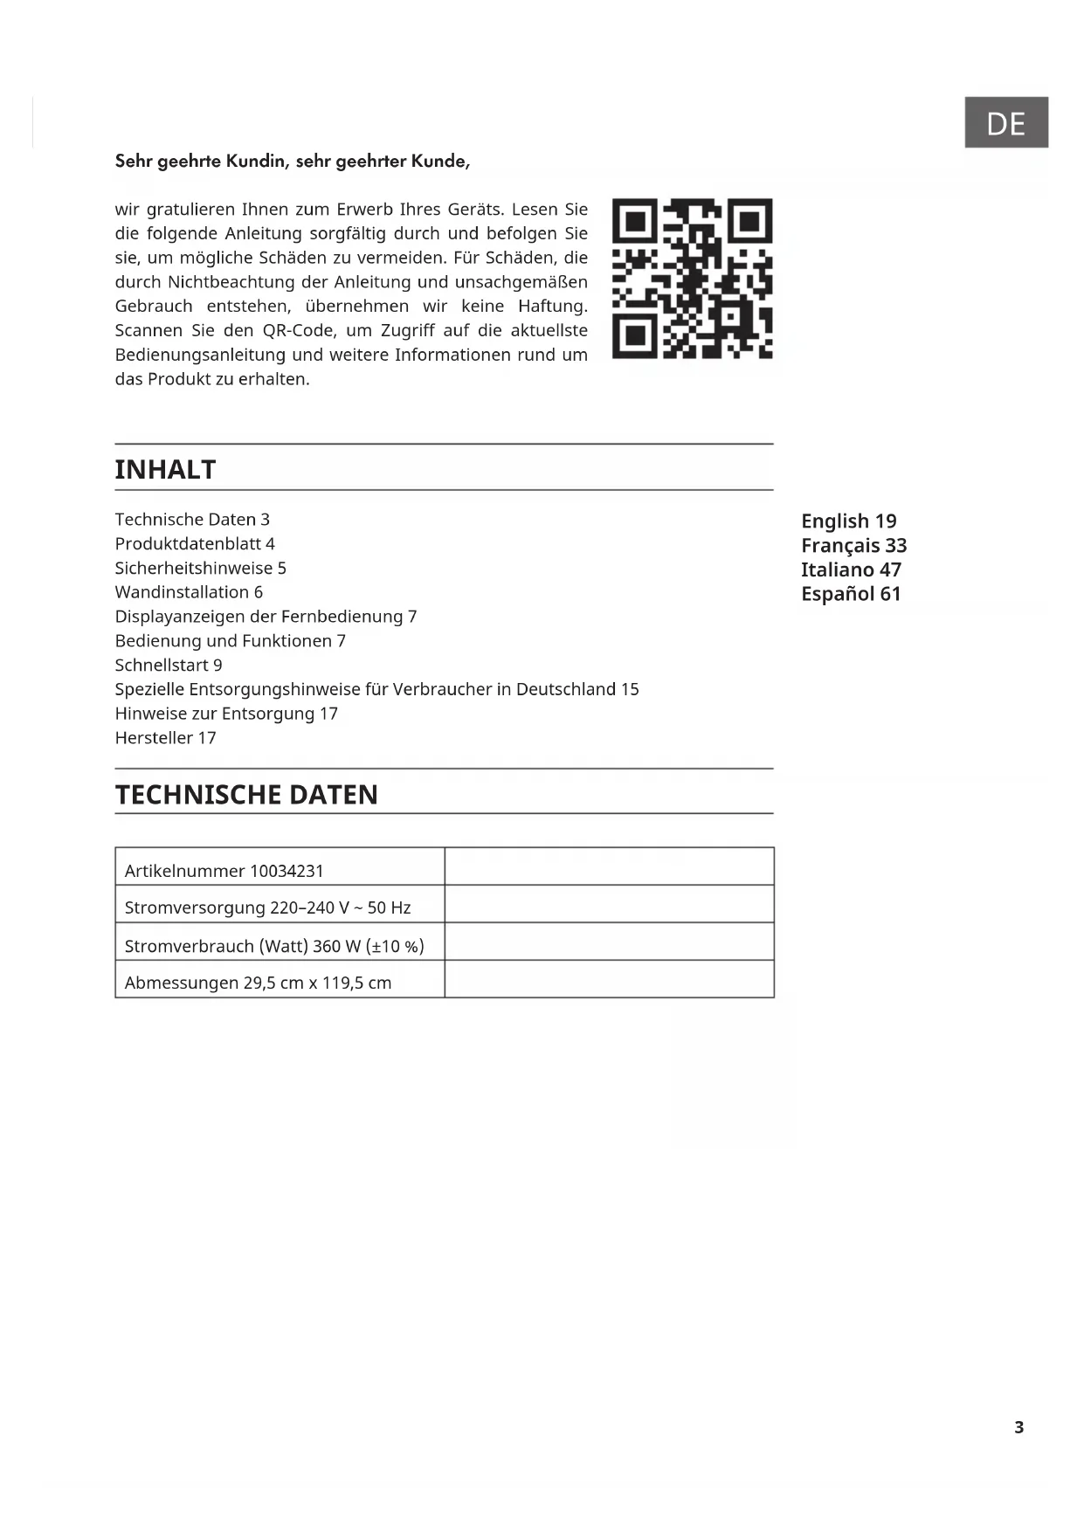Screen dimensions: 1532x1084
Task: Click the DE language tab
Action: [1005, 123]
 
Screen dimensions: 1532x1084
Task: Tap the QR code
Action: [692, 279]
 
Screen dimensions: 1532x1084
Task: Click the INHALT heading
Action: [165, 470]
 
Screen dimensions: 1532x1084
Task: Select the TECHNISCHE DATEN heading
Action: [246, 795]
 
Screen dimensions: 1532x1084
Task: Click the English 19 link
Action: [848, 521]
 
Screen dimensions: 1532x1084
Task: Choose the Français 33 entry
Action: [853, 546]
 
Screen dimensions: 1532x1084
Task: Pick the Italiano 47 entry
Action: [851, 570]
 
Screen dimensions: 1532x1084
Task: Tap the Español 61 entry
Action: [850, 595]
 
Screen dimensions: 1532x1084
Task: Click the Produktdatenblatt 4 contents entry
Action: [195, 544]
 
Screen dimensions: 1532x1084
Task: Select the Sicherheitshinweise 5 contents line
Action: [200, 569]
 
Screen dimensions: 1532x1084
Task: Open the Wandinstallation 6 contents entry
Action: [189, 593]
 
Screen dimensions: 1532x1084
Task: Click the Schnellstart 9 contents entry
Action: [169, 666]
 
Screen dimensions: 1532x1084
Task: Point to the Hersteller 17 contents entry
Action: [165, 738]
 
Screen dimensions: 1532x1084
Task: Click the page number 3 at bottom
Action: [1018, 1427]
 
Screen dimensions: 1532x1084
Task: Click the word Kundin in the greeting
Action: [257, 162]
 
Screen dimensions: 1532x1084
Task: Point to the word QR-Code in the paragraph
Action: [300, 331]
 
